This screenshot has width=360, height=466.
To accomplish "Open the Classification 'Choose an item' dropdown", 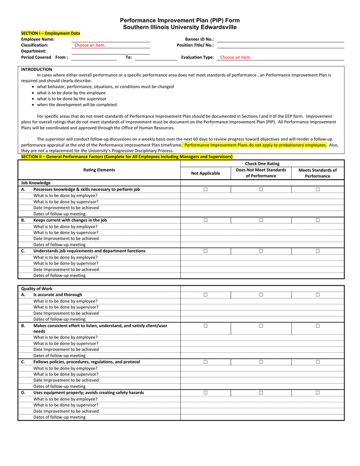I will pos(90,46).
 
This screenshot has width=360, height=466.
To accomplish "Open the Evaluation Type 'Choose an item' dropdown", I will pos(235,57).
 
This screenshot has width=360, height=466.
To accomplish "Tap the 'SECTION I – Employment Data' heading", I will pos(51,33).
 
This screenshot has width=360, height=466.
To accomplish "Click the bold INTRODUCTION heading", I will pos(36,69).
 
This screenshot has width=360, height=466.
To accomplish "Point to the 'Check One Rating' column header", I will pos(262,163).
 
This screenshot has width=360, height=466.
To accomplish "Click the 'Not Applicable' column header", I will pos(205,173).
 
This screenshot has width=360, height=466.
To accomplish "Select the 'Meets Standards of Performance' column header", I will pos(317,173).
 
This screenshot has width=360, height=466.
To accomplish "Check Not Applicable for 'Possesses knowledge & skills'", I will pos(205,189).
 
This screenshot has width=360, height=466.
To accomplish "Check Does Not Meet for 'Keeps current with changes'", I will pos(261,220).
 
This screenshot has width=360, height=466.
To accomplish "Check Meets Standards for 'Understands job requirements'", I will pos(318,251).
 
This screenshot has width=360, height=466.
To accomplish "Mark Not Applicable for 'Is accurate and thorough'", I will pos(205,295).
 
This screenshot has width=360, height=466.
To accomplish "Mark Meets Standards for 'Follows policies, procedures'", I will pos(318,362).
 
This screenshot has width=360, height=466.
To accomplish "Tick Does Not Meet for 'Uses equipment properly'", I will pos(261,393).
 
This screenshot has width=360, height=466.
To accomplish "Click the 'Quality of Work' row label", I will pos(37,289).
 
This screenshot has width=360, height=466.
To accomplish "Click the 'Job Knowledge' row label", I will pos(36,183).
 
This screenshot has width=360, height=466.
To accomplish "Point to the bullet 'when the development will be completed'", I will pos(77,105).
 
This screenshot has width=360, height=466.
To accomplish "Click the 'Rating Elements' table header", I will pos(99,170).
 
